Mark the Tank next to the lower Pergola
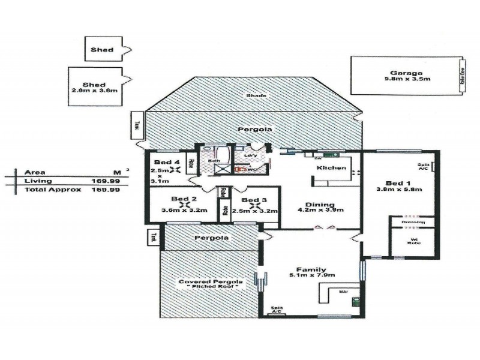(154, 237)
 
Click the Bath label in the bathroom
(214, 161)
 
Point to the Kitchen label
(332, 168)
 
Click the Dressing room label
(413, 222)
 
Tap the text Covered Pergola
(206, 282)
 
